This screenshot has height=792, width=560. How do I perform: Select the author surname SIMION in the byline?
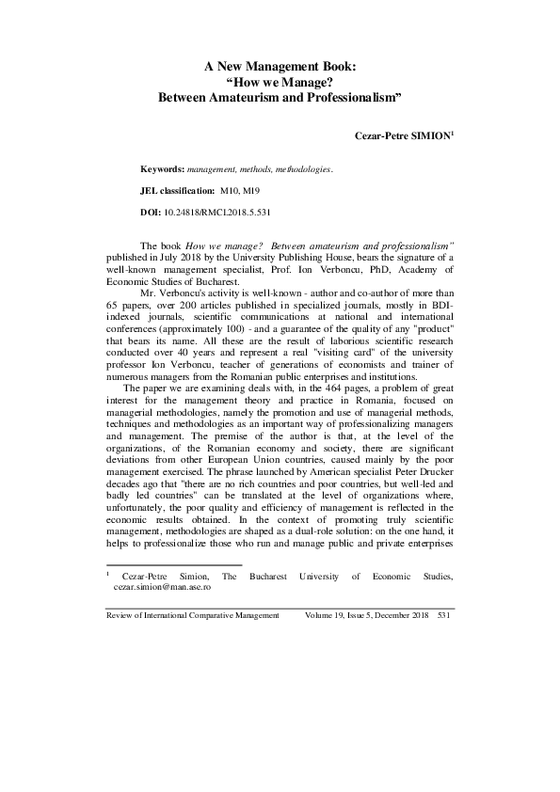click(428, 135)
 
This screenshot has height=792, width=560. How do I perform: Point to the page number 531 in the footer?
click(446, 614)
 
